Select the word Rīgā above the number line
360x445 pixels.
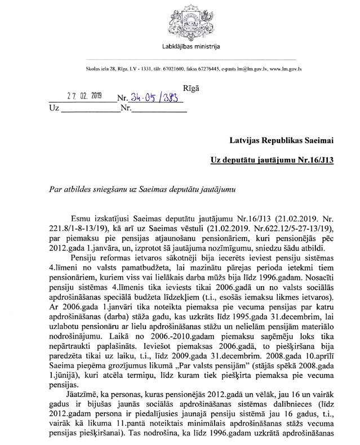(x=192, y=88)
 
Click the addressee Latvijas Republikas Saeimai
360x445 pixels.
(x=282, y=139)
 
